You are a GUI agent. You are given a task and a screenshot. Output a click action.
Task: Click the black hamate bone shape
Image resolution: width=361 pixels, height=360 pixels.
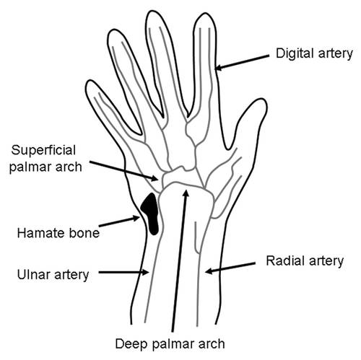[150, 214]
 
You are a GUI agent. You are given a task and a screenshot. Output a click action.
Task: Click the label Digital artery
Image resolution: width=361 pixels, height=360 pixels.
[314, 53]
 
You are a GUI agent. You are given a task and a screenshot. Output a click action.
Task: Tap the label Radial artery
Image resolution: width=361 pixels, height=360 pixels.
[305, 261]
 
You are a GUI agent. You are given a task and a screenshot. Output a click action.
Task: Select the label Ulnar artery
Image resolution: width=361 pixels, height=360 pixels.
[53, 275]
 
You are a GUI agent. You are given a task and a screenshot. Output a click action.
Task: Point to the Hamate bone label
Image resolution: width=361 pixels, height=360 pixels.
[58, 233]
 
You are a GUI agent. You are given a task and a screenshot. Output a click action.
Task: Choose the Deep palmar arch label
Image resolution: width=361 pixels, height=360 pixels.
[170, 344]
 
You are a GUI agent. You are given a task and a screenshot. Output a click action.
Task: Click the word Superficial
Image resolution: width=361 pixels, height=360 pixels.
[43, 150]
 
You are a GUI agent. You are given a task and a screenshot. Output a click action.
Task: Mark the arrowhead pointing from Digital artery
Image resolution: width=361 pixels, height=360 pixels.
[218, 67]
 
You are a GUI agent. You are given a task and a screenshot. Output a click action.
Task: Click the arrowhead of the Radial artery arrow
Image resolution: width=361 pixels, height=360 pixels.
[209, 271]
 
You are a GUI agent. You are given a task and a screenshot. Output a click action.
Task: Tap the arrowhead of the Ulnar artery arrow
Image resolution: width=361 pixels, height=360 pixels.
[146, 272]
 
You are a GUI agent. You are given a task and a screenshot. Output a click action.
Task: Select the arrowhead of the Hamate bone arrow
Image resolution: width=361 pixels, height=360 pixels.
[136, 219]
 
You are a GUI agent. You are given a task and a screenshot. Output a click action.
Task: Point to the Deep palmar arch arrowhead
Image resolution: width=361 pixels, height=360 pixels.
[186, 193]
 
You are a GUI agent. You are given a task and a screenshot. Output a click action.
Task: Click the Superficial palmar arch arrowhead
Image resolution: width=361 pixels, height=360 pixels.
[155, 178]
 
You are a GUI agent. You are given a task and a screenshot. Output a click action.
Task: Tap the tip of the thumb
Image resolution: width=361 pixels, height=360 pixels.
[261, 99]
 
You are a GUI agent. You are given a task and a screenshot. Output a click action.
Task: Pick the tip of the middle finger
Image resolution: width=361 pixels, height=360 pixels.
[152, 11]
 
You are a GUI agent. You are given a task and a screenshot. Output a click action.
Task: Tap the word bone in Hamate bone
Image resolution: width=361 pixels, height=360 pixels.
[84, 233]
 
